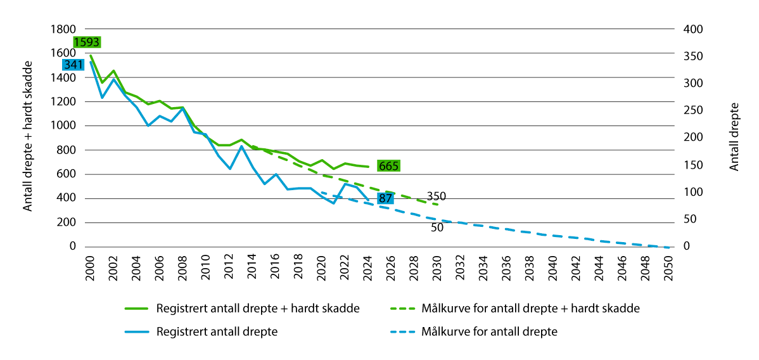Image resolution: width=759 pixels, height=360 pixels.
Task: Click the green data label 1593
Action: coord(86,42)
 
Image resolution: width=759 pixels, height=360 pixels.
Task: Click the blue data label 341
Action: coord(73,65)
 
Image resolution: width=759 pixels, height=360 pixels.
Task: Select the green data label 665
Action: coord(388,166)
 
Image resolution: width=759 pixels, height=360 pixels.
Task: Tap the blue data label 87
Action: coord(385,198)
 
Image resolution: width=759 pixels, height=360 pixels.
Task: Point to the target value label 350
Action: coord(436,196)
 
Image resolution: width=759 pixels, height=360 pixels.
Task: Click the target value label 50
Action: coord(437,227)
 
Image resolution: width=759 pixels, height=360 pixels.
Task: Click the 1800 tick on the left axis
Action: coord(63,29)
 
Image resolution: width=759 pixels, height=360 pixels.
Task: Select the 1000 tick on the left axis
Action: coord(63,125)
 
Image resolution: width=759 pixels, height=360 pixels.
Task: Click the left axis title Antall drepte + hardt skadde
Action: coord(28,138)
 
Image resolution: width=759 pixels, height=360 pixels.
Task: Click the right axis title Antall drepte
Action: coord(735,137)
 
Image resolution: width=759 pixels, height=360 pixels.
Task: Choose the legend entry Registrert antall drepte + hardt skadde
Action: coord(258,309)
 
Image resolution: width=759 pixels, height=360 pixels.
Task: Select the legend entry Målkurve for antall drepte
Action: coord(489,331)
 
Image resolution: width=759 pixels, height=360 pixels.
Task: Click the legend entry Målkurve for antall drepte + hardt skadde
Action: coord(530,309)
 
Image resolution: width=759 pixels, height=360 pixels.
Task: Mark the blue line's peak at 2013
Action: coord(241,146)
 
